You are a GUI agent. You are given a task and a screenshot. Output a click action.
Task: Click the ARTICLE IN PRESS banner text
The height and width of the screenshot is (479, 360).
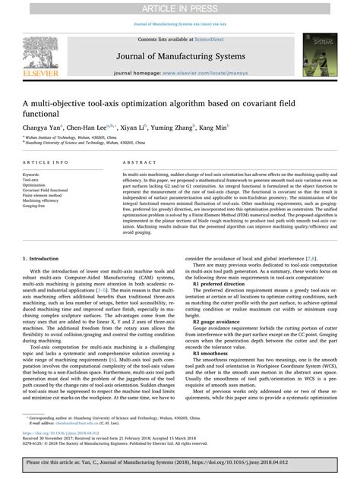(180, 7)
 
